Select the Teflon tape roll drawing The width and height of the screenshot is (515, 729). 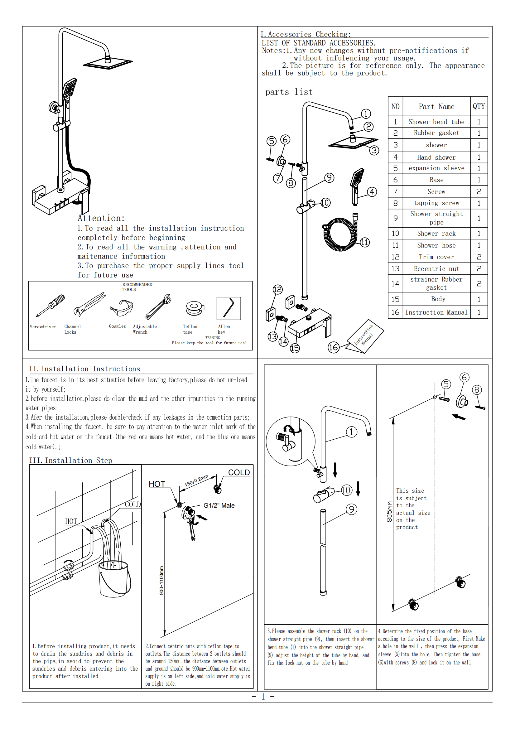coord(195,308)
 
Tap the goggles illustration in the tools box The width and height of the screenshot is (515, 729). coord(122,308)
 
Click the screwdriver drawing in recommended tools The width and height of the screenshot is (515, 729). coord(50,305)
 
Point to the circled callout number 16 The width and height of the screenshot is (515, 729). coord(333,347)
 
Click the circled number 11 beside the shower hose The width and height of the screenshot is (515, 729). coord(364,243)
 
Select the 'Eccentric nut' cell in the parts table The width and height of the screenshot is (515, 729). coord(436,268)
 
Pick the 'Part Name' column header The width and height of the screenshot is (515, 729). coord(436,107)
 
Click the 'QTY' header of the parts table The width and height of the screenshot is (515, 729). coord(479,106)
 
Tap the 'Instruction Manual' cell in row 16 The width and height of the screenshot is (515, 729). coord(436,312)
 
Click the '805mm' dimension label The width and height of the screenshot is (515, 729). coord(389,511)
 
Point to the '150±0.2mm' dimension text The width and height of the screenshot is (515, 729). coord(196,480)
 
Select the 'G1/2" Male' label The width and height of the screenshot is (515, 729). coord(219,505)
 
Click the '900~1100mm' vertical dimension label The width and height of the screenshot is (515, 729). coord(161,580)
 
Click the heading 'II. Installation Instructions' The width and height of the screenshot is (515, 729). coord(84,369)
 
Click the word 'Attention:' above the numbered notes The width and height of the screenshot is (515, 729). coord(101,218)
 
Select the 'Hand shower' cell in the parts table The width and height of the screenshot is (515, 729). coord(436,157)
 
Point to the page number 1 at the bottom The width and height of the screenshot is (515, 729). coord(263,697)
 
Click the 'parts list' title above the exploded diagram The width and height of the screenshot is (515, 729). coord(289,92)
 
